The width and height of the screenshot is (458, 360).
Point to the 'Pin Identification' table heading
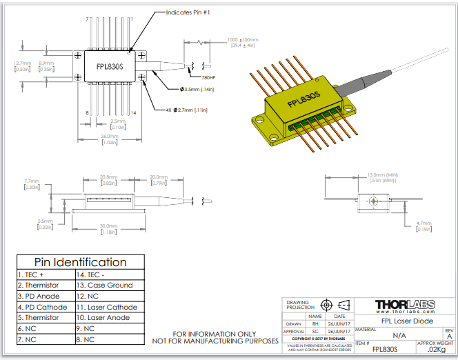81,262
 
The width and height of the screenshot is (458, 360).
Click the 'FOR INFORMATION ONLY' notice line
215,333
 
